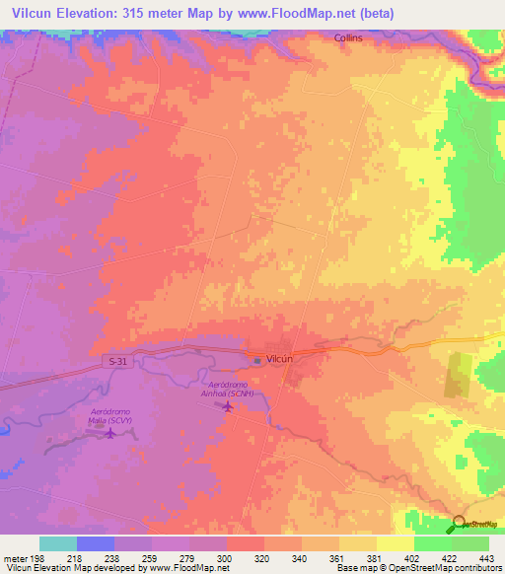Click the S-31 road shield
tap(115, 362)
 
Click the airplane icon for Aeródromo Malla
tap(109, 436)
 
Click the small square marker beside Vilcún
tap(257, 360)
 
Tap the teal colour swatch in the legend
tap(57, 543)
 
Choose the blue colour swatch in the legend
tap(96, 543)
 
